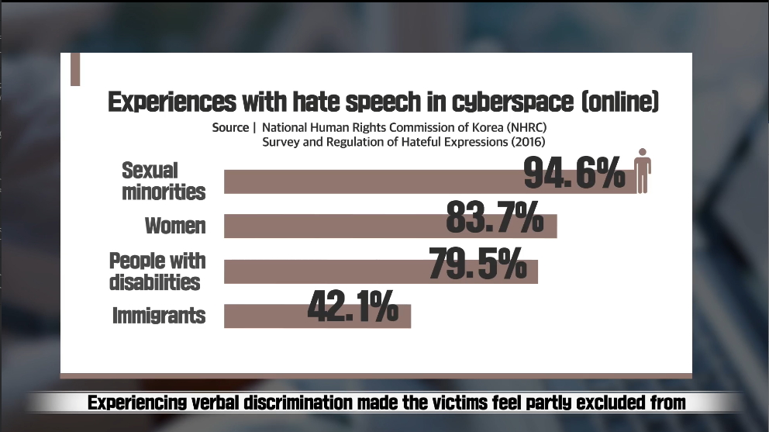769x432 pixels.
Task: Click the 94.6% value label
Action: [574, 173]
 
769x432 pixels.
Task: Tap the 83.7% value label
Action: [495, 217]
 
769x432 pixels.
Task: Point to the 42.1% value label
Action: [353, 306]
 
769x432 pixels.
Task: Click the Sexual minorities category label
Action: [164, 181]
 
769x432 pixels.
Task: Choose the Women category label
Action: [175, 226]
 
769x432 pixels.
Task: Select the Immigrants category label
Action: [159, 316]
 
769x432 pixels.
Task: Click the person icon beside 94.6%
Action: [642, 171]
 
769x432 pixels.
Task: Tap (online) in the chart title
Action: [619, 102]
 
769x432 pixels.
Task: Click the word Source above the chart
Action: [230, 127]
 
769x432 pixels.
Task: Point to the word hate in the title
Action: [309, 102]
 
